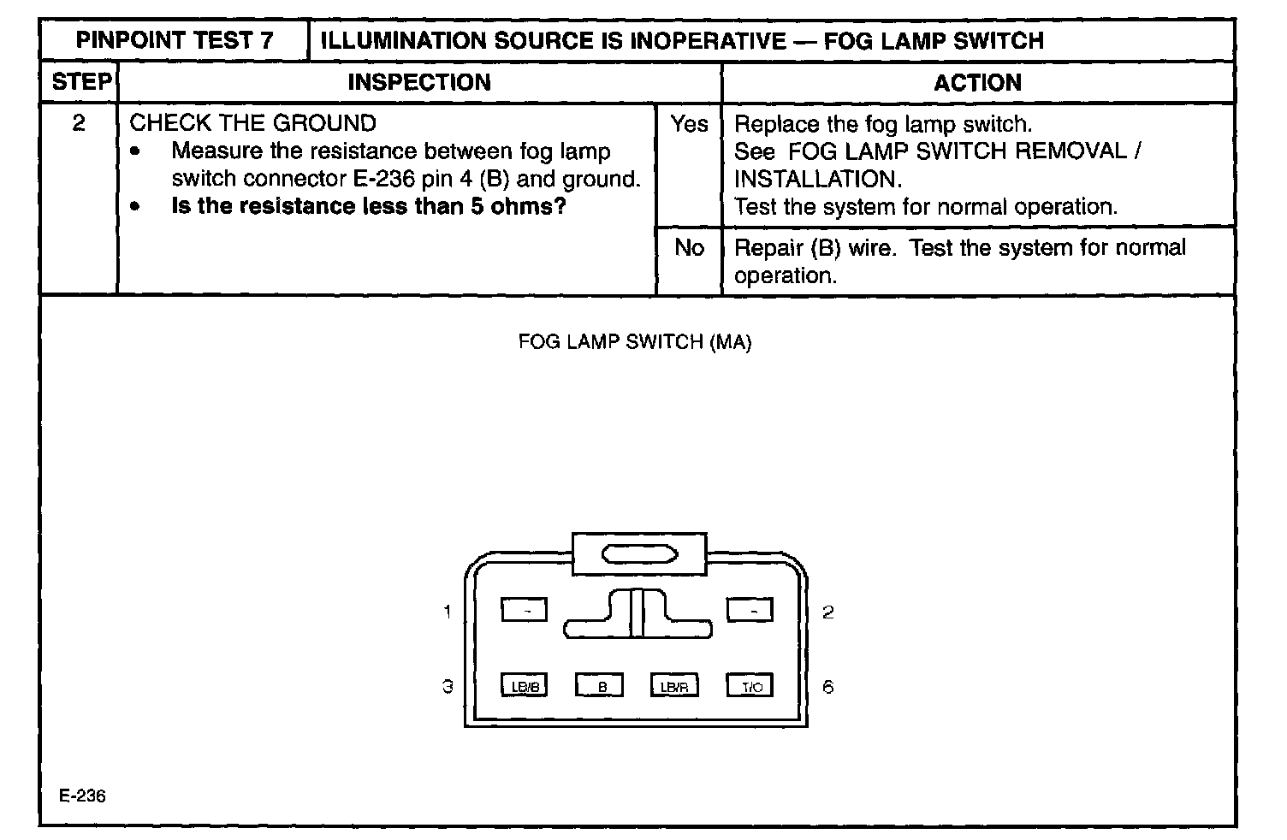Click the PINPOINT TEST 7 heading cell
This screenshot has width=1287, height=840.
pyautogui.click(x=175, y=41)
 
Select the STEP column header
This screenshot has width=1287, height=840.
pyautogui.click(x=81, y=83)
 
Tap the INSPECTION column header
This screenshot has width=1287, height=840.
pyautogui.click(x=419, y=83)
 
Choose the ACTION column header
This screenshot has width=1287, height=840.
pyautogui.click(x=977, y=83)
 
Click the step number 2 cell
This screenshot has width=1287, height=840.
pyautogui.click(x=79, y=124)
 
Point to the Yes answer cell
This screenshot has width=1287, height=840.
pyautogui.click(x=689, y=125)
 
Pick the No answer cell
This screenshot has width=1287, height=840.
pyautogui.click(x=689, y=248)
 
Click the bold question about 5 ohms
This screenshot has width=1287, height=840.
pyautogui.click(x=369, y=207)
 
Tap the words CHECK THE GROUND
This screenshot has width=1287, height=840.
pyautogui.click(x=252, y=123)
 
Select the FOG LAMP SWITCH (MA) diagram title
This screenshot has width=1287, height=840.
pyautogui.click(x=635, y=342)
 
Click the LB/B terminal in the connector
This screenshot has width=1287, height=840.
pyautogui.click(x=524, y=686)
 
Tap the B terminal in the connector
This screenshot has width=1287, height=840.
pyautogui.click(x=600, y=686)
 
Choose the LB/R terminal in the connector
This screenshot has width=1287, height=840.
pyautogui.click(x=674, y=686)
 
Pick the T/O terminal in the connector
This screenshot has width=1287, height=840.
pyautogui.click(x=750, y=686)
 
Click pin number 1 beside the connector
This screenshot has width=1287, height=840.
pyautogui.click(x=447, y=612)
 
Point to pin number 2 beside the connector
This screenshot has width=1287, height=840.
pyautogui.click(x=827, y=612)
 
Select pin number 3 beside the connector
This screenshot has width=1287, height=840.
pyautogui.click(x=447, y=686)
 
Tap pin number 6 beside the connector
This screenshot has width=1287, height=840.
pyautogui.click(x=827, y=687)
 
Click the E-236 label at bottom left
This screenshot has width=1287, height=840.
pyautogui.click(x=83, y=796)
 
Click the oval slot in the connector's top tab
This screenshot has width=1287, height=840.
pyautogui.click(x=640, y=555)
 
